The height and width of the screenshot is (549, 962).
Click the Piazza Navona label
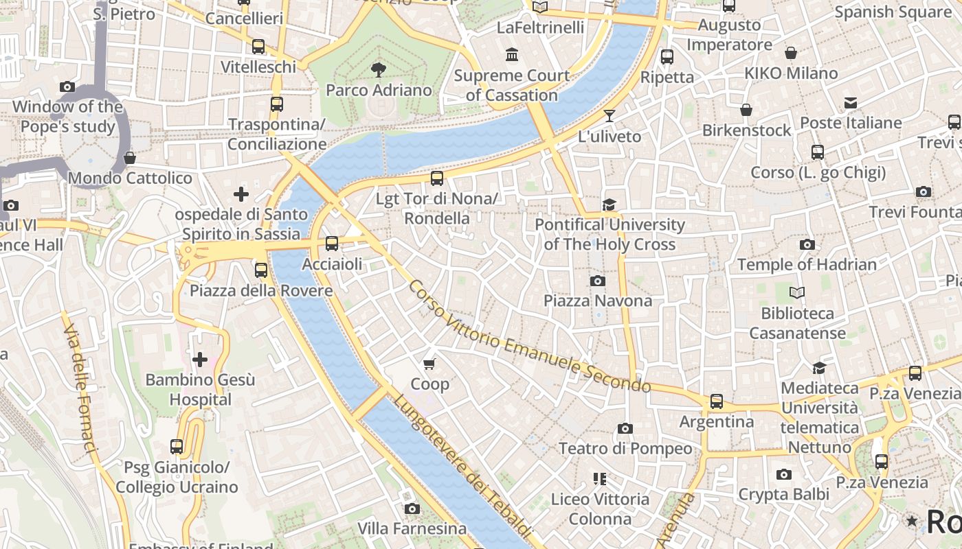coord(598,301)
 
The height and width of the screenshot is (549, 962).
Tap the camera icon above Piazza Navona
coord(598,281)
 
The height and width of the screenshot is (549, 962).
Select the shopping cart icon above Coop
coord(429,364)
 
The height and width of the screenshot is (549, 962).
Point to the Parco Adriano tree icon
coord(377,69)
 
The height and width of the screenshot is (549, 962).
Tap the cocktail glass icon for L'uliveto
coord(609,116)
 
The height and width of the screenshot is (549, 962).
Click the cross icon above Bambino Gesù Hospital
coord(200,359)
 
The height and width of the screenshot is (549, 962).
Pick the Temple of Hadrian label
coord(807,264)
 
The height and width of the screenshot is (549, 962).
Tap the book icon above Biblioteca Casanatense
coord(797,293)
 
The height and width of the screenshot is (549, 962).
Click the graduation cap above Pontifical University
coord(609,205)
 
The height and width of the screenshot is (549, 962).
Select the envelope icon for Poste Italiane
coord(851,103)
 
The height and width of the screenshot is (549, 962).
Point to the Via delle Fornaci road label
coord(80,388)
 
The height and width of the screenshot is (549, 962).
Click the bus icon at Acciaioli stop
coord(332,244)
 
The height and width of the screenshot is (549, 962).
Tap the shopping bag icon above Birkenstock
coord(746,110)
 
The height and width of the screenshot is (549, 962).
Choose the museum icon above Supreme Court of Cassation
coord(512,55)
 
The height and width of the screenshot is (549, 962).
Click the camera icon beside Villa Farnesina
coord(412,509)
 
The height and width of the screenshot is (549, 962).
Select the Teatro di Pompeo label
coord(625,448)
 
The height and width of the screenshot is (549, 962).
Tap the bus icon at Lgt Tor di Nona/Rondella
coord(437,178)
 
